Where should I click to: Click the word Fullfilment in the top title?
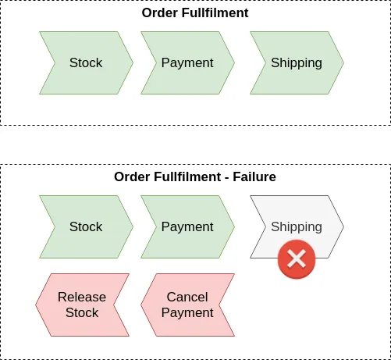(x=215, y=12)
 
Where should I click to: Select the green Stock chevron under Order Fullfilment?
(x=86, y=62)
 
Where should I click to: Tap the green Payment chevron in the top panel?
(x=187, y=62)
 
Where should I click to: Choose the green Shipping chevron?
(x=297, y=62)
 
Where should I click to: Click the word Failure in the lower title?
(x=254, y=176)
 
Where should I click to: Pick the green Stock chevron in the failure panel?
(x=86, y=226)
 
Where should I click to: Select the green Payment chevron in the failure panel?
(x=187, y=226)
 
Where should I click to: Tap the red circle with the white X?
(x=297, y=259)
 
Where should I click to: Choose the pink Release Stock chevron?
(x=82, y=305)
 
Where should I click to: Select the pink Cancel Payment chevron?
(x=187, y=305)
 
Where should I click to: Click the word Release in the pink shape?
(x=82, y=297)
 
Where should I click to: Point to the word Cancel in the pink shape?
(x=187, y=297)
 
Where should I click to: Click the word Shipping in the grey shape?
(x=297, y=226)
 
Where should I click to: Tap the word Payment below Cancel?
(x=187, y=312)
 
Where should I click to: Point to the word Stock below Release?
(x=82, y=312)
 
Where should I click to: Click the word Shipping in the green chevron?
(x=297, y=62)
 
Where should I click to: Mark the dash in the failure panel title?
(x=227, y=178)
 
